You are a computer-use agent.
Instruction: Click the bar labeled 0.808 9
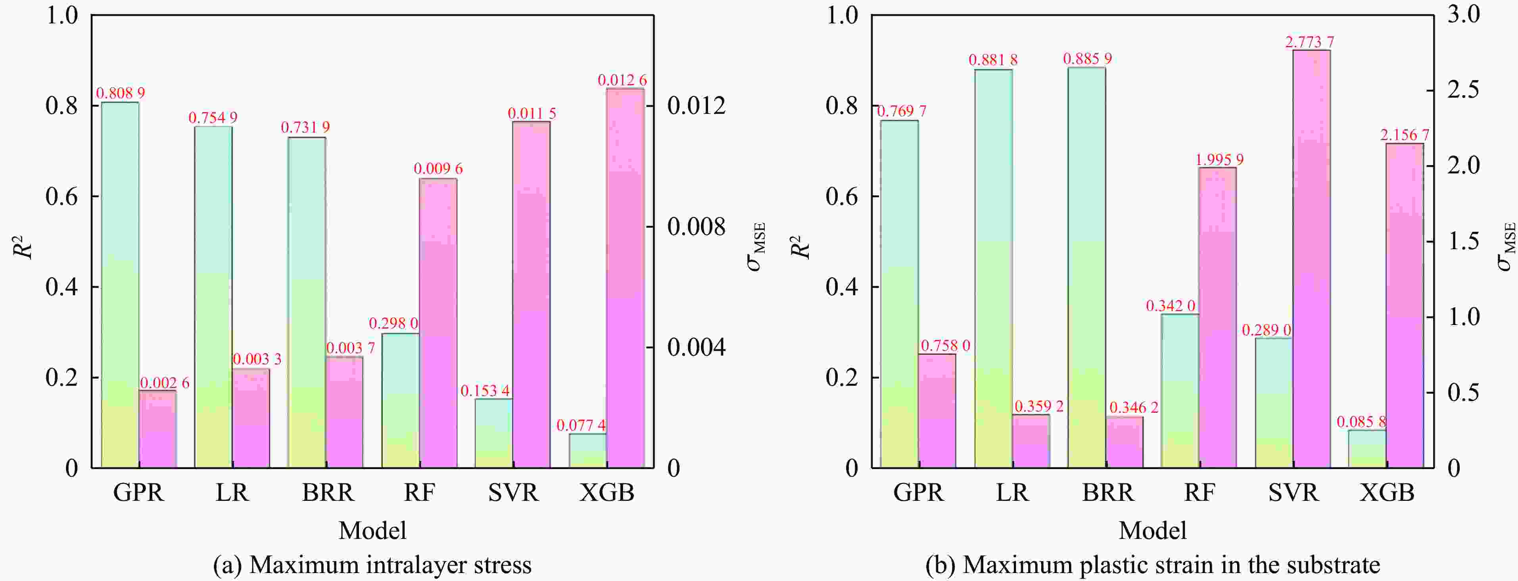(120, 283)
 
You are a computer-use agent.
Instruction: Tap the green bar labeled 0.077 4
(587, 451)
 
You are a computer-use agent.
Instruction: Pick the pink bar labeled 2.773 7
(1311, 260)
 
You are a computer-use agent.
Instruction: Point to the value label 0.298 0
(393, 323)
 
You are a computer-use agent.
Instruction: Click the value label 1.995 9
(1218, 160)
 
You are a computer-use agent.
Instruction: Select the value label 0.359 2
(1038, 406)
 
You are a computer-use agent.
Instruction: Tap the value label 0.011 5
(532, 113)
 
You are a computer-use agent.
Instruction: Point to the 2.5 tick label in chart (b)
(1463, 90)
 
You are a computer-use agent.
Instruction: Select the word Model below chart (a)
(372, 530)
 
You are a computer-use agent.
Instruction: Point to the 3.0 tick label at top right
(1463, 14)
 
